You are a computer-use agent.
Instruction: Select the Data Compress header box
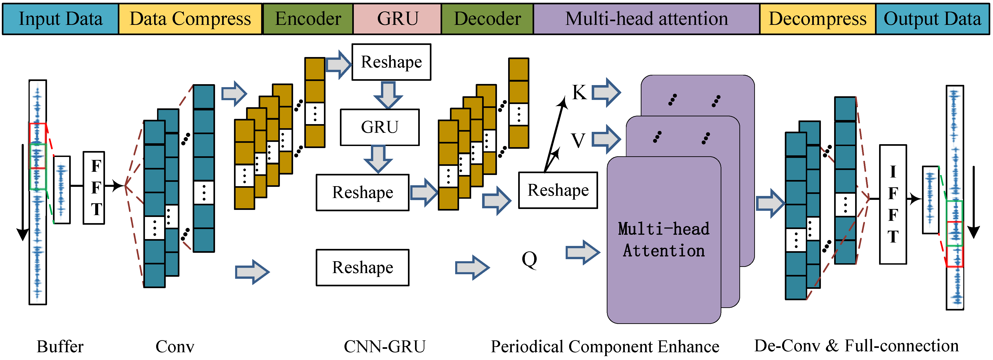[190, 19]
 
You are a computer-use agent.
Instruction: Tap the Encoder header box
[308, 19]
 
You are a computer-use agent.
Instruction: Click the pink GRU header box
[397, 19]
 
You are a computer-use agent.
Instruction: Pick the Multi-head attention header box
[646, 19]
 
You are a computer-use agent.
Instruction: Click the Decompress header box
[818, 19]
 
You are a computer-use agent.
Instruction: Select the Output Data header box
[933, 19]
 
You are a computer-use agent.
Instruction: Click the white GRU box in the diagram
[380, 127]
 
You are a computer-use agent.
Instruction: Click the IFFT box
[893, 204]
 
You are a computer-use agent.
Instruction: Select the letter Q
[529, 259]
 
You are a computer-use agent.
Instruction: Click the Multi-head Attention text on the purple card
[664, 239]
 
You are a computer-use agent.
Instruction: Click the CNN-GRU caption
[384, 347]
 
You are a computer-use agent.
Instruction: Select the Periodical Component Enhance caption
[605, 347]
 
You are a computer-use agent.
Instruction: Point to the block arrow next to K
[606, 92]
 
